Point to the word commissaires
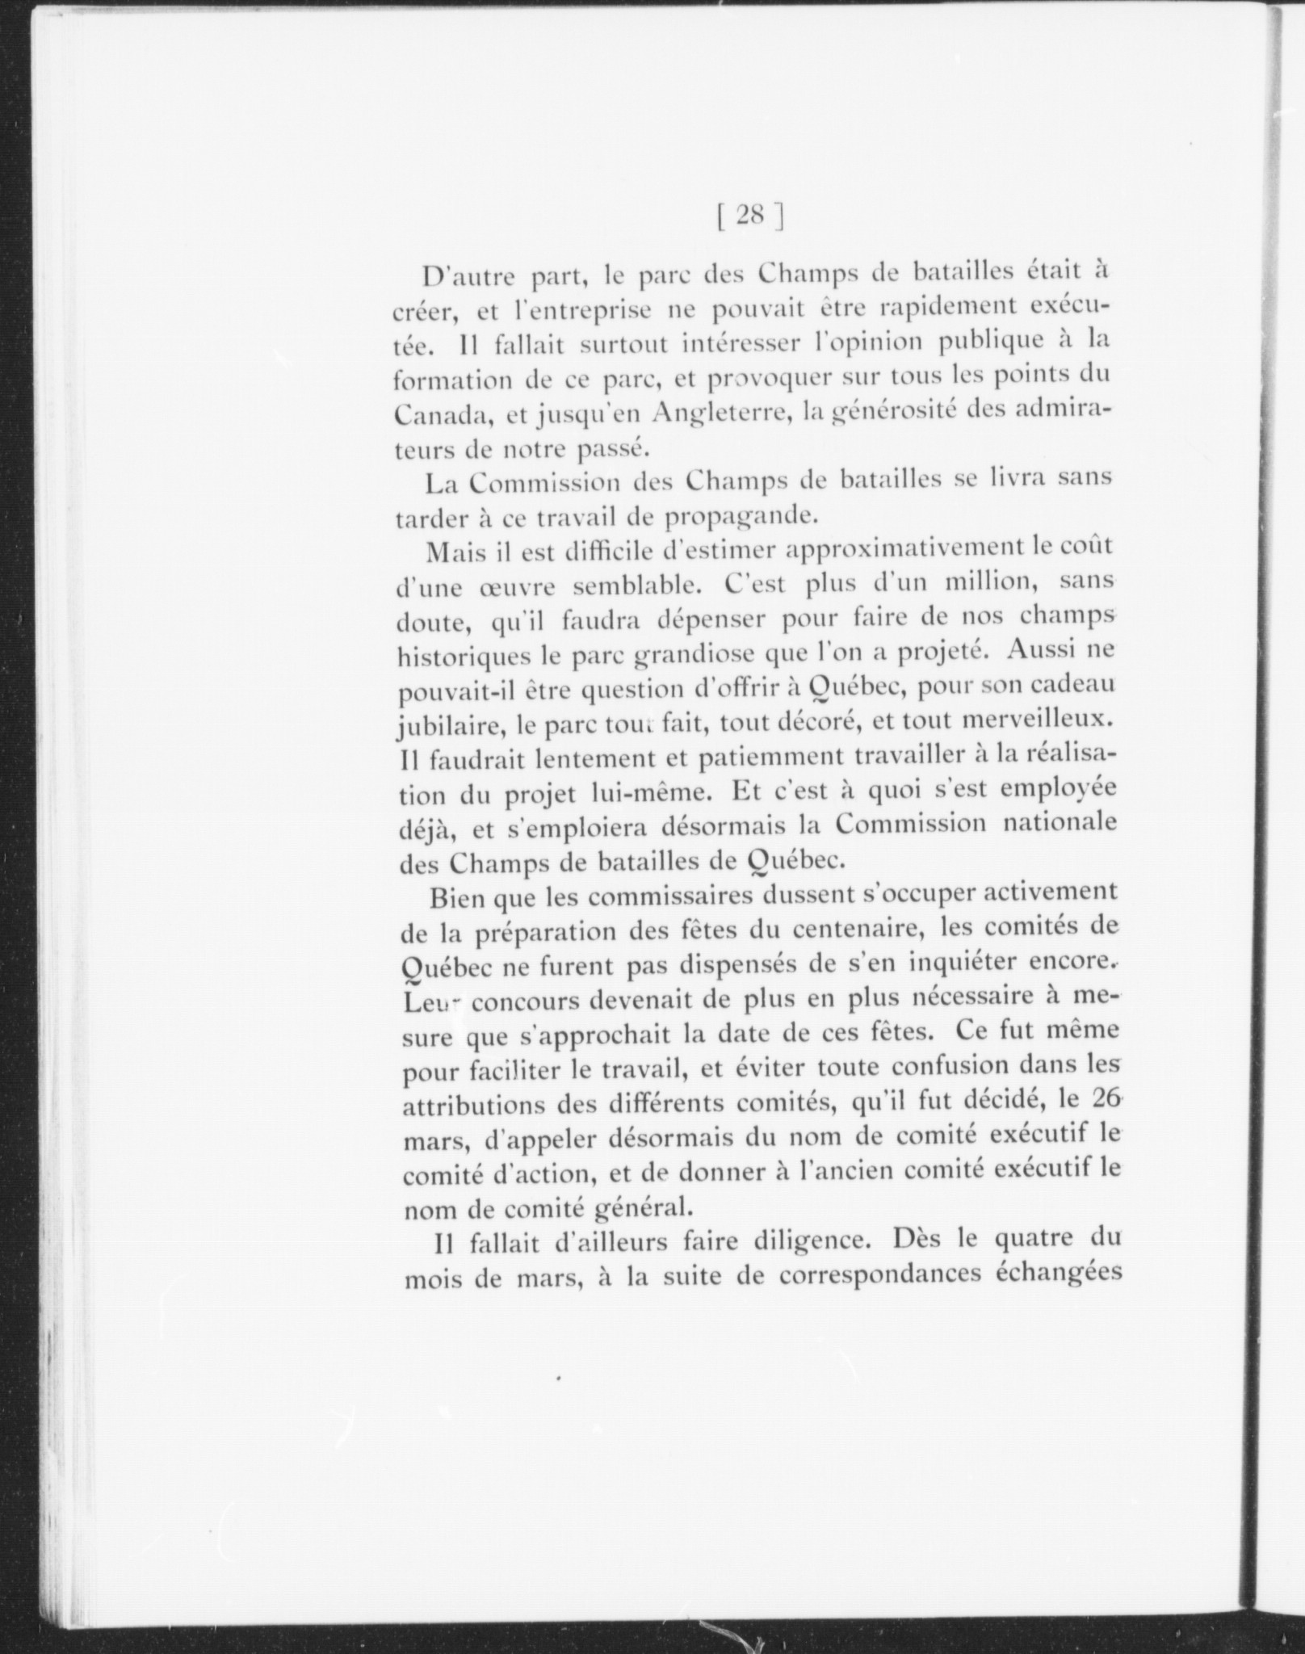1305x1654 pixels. pos(620,896)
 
